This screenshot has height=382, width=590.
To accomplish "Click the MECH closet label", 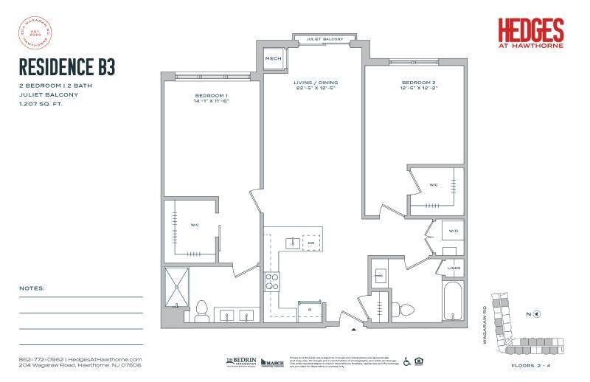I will click(x=274, y=58).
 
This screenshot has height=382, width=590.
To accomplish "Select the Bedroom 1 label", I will click(x=211, y=96).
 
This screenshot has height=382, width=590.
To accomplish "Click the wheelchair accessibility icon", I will click(x=406, y=361).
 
